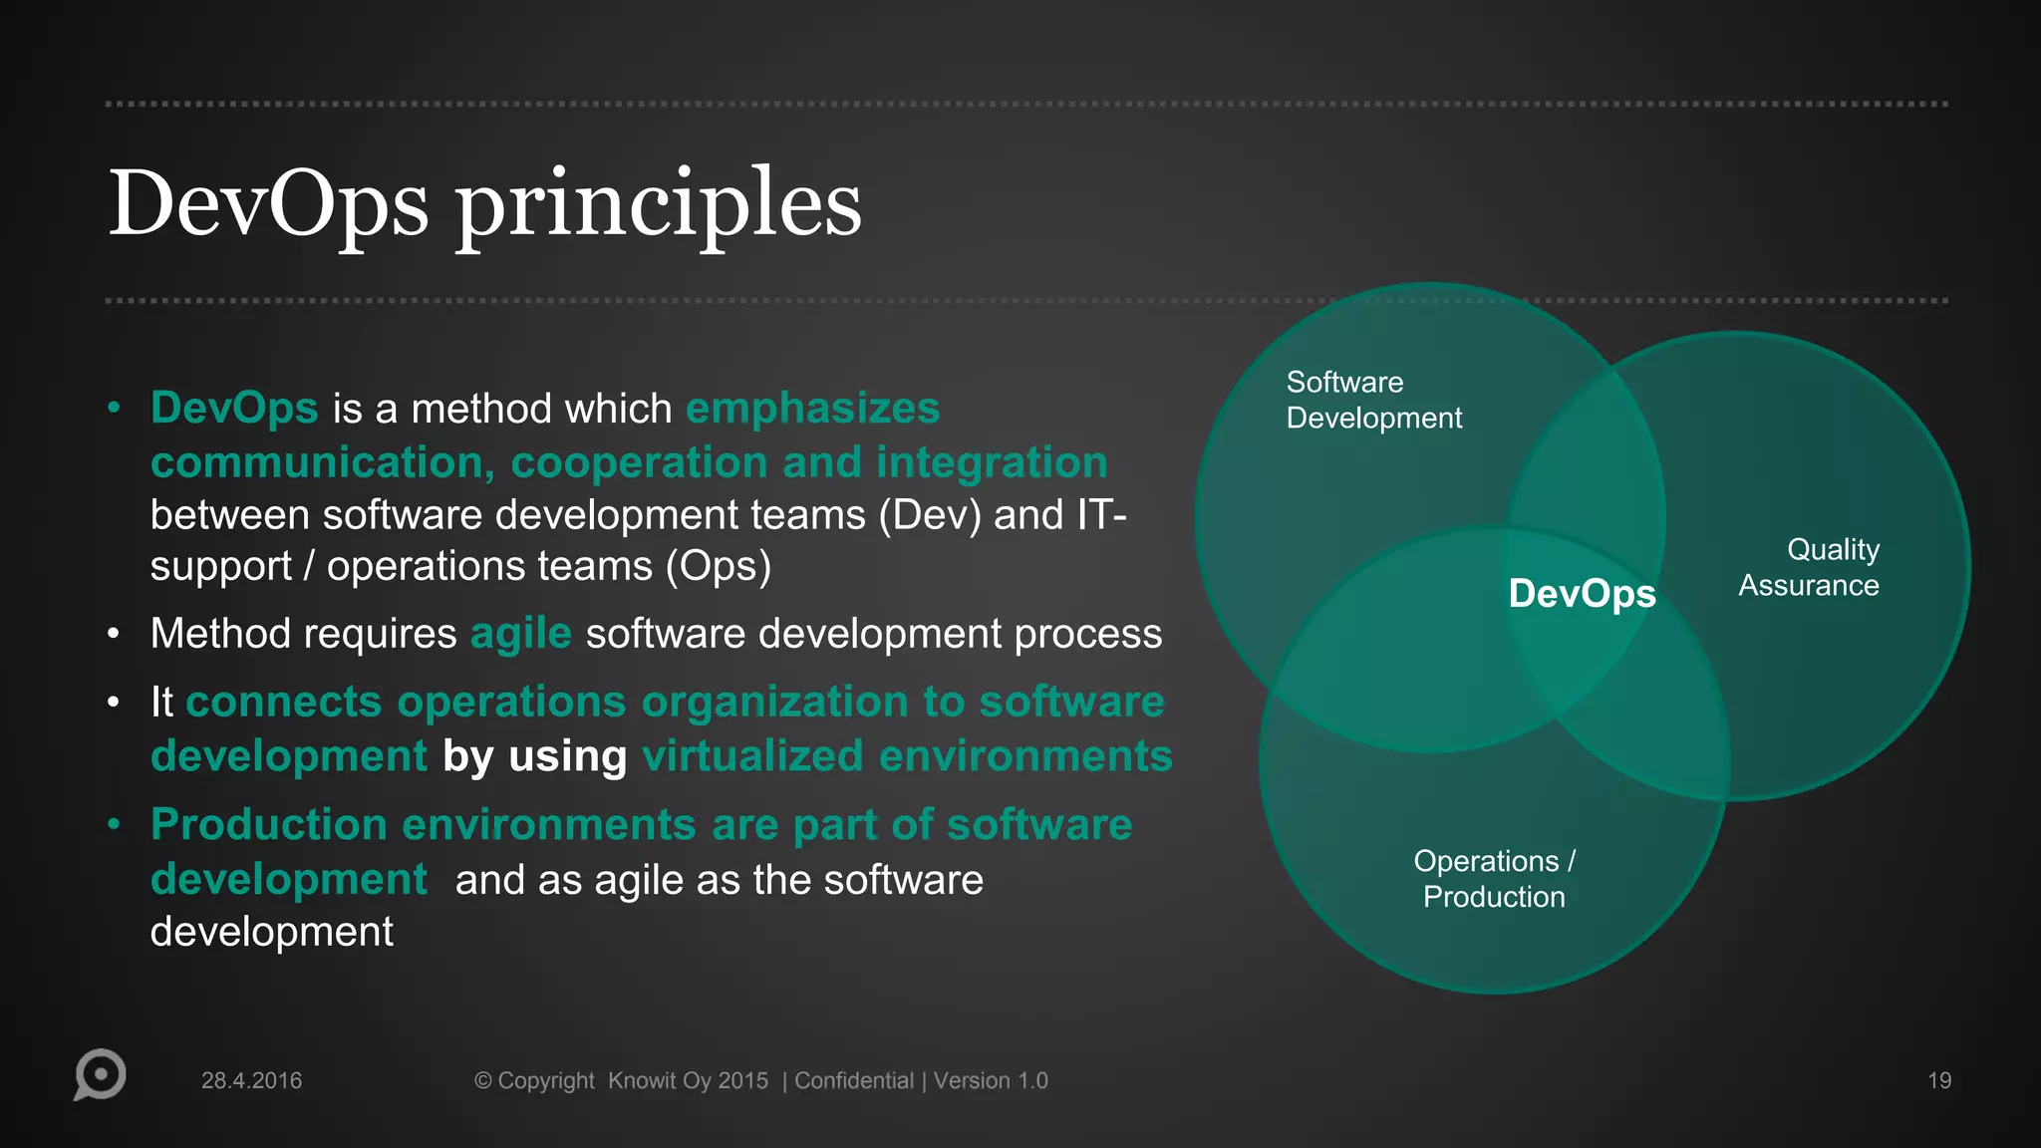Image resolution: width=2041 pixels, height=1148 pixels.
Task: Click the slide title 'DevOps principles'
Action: coord(484,204)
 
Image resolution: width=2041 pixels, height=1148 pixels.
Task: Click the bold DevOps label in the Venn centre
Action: coord(1582,594)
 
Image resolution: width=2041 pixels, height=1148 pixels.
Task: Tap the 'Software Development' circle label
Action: coord(1373,400)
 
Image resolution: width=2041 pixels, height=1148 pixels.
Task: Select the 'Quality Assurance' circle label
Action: coord(1809,567)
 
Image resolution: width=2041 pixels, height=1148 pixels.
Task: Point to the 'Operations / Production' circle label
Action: coord(1494,879)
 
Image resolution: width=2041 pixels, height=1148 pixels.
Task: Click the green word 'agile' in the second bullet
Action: coord(520,634)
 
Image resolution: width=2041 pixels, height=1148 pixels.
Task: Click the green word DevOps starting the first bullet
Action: coord(234,409)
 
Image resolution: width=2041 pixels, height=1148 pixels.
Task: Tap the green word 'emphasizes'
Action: coord(812,409)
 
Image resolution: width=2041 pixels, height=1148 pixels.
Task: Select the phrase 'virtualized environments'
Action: coord(907,756)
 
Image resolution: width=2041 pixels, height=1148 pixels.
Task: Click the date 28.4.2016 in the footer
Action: coord(251,1080)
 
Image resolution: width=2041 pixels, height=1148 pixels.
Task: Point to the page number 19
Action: coord(1938,1080)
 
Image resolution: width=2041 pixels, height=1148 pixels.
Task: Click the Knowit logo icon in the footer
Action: coord(100,1074)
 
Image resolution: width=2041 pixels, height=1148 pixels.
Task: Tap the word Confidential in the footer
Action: coord(853,1080)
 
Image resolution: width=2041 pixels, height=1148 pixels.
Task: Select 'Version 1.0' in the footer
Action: coord(990,1080)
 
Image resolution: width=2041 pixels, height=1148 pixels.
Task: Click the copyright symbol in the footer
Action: coord(482,1080)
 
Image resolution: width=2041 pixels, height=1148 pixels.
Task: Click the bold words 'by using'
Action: coord(534,756)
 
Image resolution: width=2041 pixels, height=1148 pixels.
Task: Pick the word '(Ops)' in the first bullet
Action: coord(718,566)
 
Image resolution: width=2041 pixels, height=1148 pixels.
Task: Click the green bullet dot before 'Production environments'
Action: coord(114,824)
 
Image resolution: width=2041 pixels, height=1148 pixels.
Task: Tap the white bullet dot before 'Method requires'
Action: coord(114,634)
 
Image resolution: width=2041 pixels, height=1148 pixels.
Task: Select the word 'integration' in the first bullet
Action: coord(991,462)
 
